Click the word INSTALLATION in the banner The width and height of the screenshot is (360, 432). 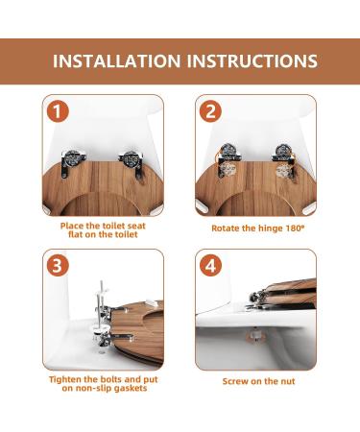pos(116,61)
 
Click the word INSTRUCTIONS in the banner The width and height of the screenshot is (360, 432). pos(252,61)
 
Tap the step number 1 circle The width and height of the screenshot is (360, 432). pos(58,111)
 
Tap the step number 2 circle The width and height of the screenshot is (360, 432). pos(210,111)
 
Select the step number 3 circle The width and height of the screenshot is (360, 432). pos(58,265)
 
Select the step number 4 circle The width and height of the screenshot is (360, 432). pos(210,265)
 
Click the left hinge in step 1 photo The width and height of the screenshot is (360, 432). pos(72,161)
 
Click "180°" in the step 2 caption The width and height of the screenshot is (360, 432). pos(296,228)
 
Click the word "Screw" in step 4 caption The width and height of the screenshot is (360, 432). pos(234,381)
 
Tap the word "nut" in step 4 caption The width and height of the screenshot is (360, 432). pos(288,381)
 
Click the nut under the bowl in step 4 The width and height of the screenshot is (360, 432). pos(255,335)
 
